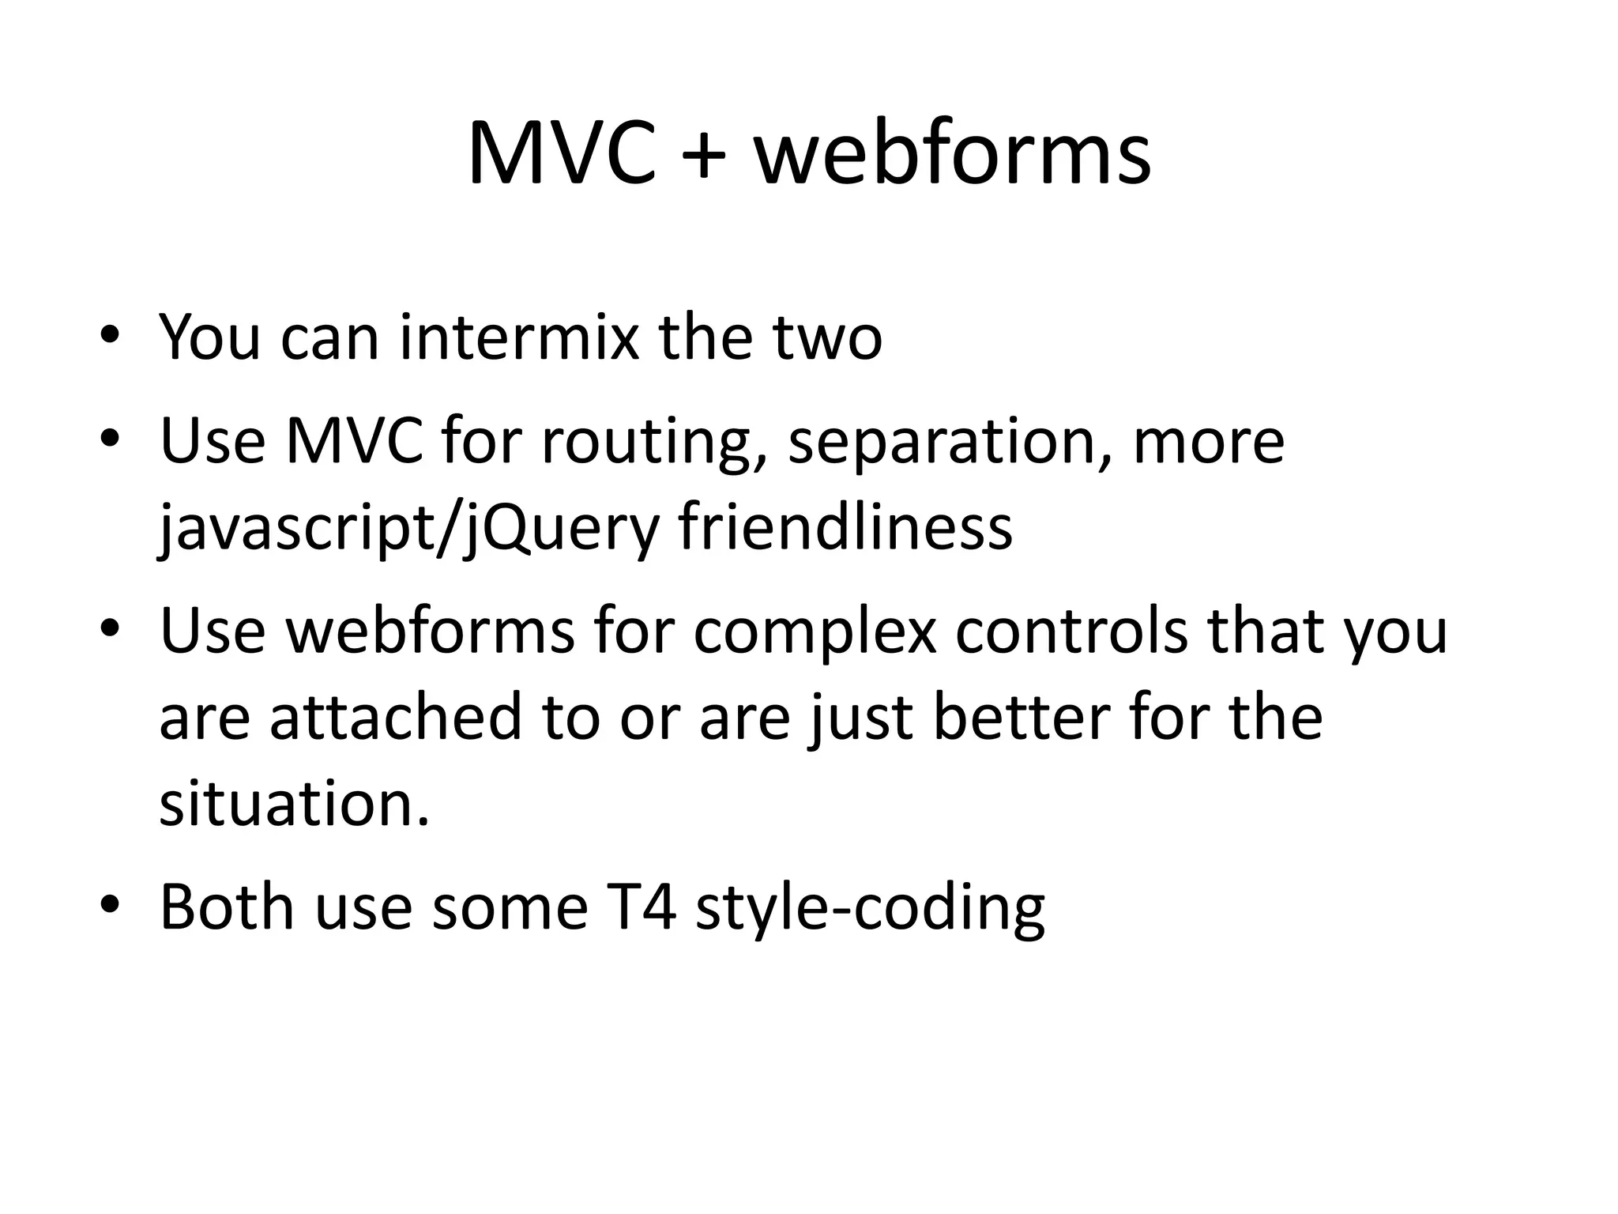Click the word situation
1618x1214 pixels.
[295, 804]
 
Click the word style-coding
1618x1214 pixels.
[870, 909]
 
